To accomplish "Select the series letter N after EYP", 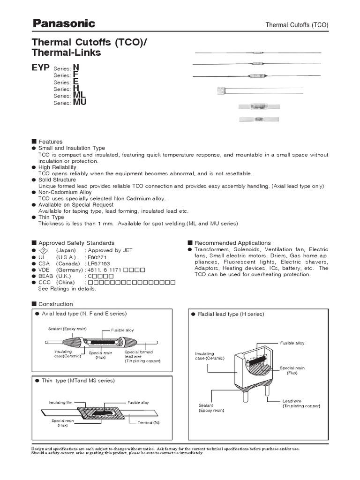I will [76, 68].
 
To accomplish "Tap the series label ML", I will [79, 95].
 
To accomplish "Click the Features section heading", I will [50, 142].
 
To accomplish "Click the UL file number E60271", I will [95, 257].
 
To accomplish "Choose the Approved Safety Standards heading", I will [76, 243].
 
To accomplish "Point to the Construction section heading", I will [55, 304].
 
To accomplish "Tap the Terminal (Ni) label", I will [149, 422].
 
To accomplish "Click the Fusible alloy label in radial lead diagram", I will [292, 343].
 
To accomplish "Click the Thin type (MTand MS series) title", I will [78, 380].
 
